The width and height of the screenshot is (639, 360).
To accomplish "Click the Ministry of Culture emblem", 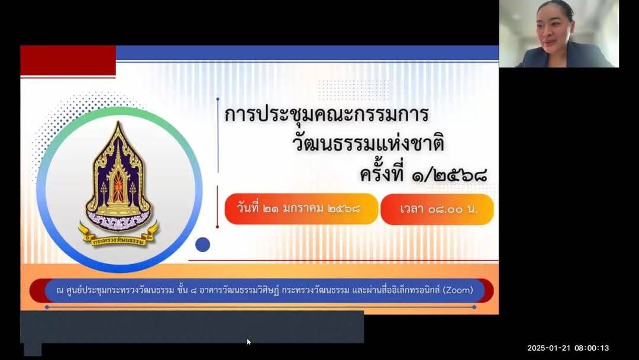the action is pyautogui.click(x=118, y=184).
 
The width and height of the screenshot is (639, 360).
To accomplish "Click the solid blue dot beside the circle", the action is pyautogui.click(x=202, y=245).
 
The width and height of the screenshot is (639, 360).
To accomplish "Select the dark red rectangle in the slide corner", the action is pyautogui.click(x=67, y=60).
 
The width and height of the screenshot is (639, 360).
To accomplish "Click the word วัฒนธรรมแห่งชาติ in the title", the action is pyautogui.click(x=369, y=143).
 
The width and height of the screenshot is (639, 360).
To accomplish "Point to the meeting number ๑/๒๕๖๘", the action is pyautogui.click(x=450, y=175).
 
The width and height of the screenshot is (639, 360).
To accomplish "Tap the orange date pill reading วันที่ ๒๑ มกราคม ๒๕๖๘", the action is pyautogui.click(x=301, y=209).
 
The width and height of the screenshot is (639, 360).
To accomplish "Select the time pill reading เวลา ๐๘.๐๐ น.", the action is pyautogui.click(x=437, y=209).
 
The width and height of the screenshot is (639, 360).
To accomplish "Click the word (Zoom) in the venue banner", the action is pyautogui.click(x=458, y=290).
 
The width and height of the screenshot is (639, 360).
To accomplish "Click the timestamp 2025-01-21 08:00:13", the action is pyautogui.click(x=568, y=348).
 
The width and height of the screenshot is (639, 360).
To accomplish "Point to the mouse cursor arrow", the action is pyautogui.click(x=248, y=342).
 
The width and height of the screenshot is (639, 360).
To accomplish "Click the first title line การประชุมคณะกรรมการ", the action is pyautogui.click(x=327, y=114).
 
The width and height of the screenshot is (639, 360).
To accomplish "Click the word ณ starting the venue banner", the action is pyautogui.click(x=60, y=291).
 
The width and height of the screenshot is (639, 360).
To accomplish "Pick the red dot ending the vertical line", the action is pyautogui.click(x=217, y=227).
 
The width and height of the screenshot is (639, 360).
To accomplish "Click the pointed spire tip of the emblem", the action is pyautogui.click(x=118, y=122).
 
